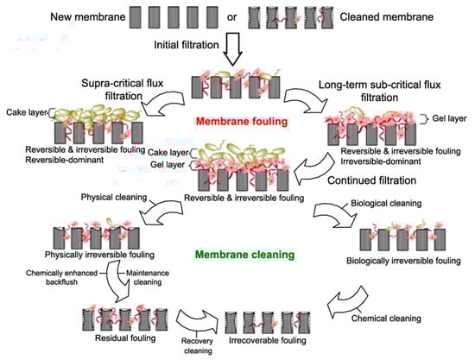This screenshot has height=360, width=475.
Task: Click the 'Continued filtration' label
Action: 372,180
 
